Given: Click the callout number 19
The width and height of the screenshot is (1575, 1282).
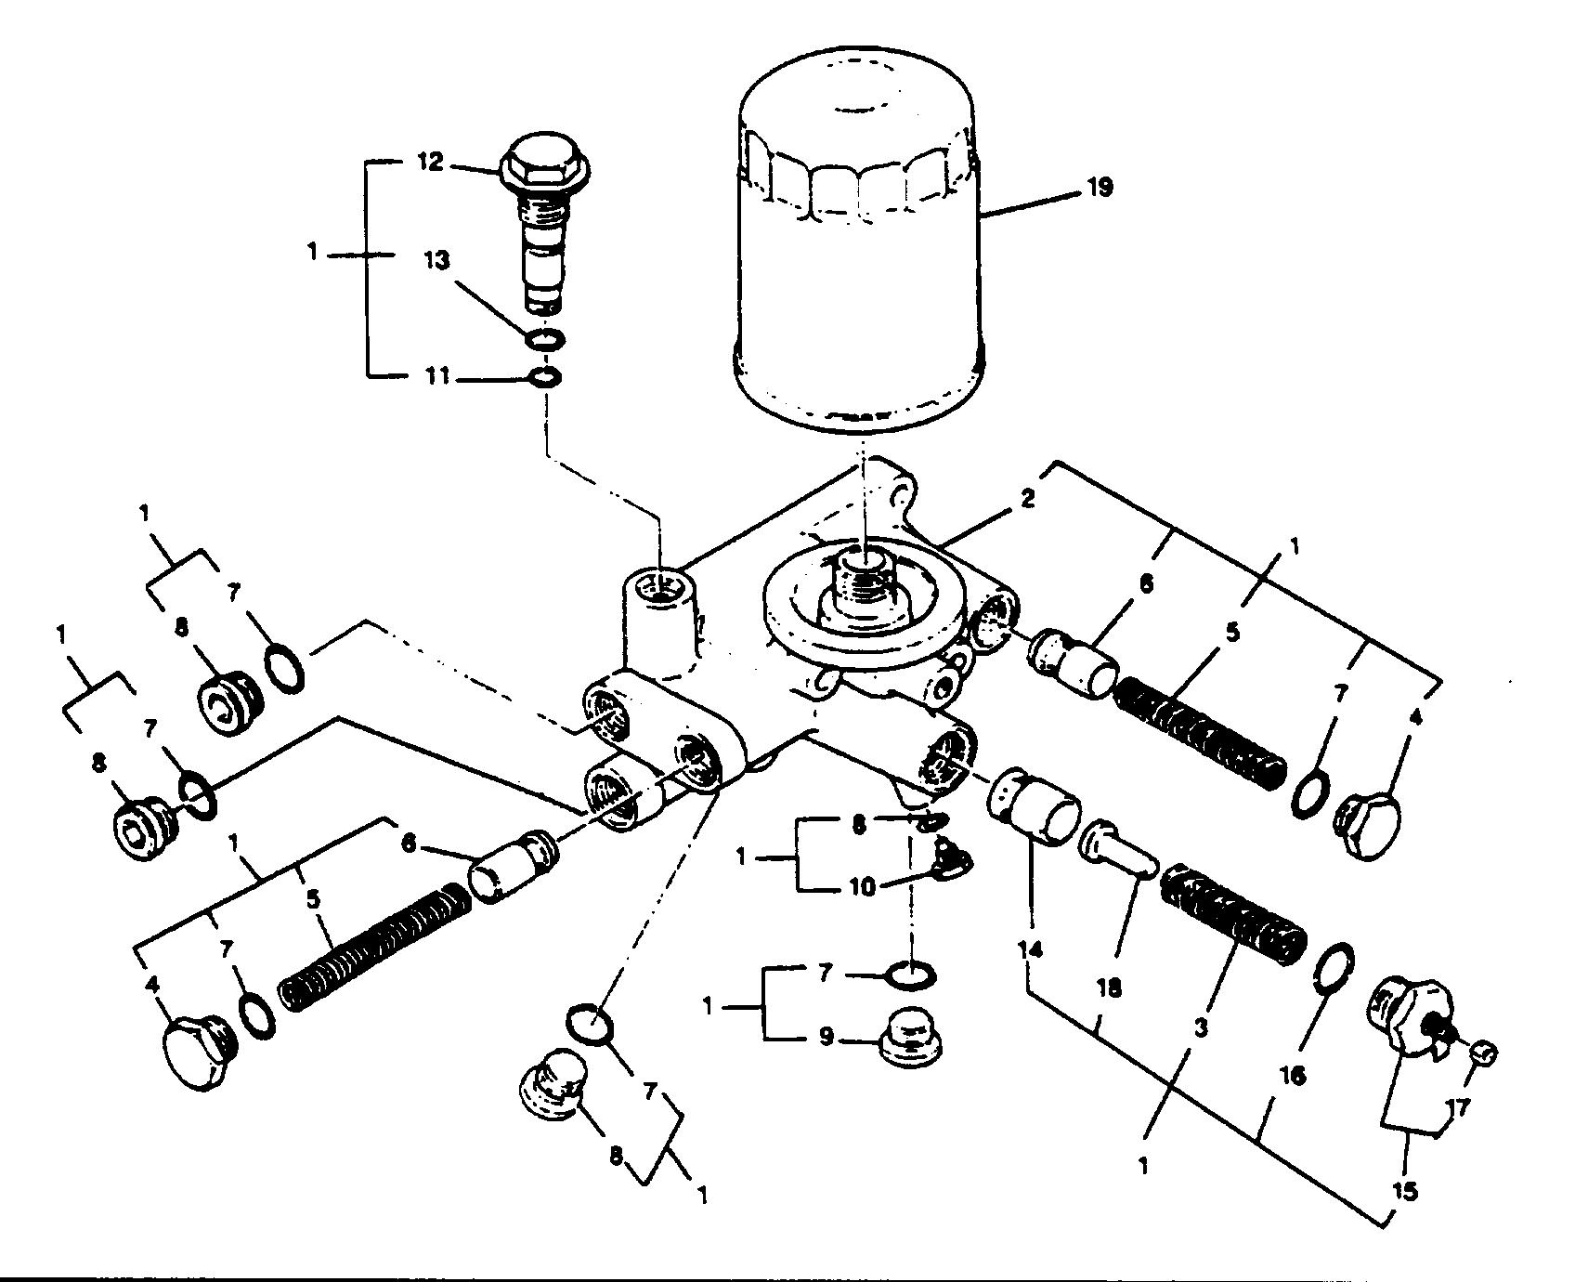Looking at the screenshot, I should click(x=1099, y=187).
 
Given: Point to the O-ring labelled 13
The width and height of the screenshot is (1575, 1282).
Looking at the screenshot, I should click(x=542, y=339).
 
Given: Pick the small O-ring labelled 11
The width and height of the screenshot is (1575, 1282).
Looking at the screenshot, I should click(x=543, y=378).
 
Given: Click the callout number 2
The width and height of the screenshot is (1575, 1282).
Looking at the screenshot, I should click(x=1026, y=498).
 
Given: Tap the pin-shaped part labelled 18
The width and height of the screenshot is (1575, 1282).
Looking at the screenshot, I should click(x=1117, y=845).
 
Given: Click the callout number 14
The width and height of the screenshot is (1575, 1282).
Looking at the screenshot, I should click(x=1030, y=949).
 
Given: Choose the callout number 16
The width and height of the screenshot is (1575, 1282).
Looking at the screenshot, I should click(x=1293, y=1075).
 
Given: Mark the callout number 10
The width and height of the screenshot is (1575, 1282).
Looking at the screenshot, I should click(x=862, y=887).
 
